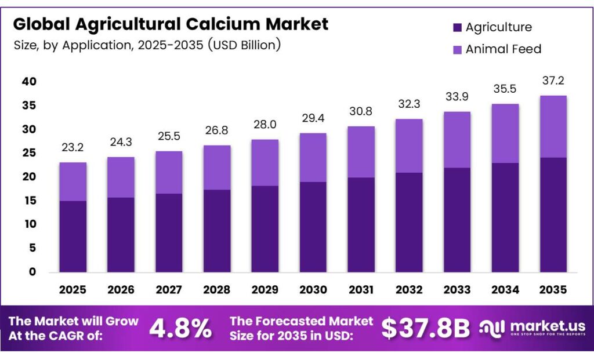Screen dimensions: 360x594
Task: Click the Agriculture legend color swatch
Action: click(x=457, y=27)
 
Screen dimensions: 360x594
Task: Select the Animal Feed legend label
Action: click(x=503, y=49)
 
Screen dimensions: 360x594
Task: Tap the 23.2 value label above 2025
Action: click(x=73, y=149)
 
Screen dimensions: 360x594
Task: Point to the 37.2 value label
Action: click(x=553, y=81)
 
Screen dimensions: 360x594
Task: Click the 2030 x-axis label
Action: click(x=313, y=289)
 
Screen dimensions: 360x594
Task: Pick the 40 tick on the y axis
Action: click(x=28, y=82)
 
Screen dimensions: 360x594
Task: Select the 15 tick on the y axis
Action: click(x=28, y=201)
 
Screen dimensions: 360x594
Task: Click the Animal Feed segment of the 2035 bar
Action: click(x=553, y=126)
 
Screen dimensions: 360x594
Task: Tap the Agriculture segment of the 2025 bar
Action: click(x=73, y=237)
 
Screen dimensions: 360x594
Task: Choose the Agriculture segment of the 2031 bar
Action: click(x=361, y=225)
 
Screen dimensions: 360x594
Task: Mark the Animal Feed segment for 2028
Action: click(x=217, y=168)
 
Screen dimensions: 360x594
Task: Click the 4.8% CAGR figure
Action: click(x=180, y=329)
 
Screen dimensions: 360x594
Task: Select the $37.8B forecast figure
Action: click(x=425, y=329)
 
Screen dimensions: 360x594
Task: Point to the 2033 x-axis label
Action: click(x=457, y=289)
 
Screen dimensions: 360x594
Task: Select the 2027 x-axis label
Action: click(x=169, y=289)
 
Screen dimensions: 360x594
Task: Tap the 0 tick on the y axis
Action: click(x=32, y=272)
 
